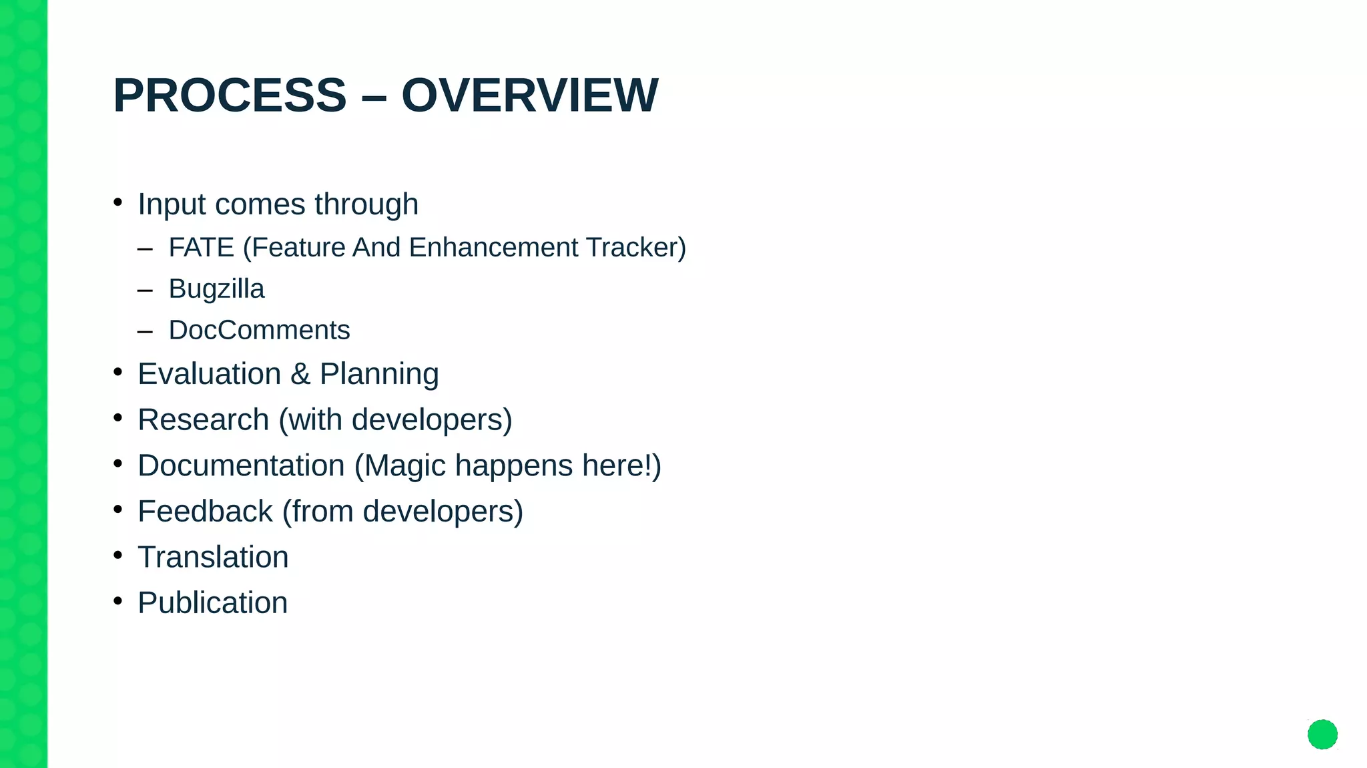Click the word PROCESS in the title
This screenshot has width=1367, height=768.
[230, 95]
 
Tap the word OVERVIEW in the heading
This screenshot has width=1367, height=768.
[529, 95]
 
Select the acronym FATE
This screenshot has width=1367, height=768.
[201, 248]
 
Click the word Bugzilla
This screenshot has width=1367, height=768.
[216, 289]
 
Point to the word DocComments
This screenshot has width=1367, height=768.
[259, 331]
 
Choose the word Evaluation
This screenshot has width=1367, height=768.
[209, 374]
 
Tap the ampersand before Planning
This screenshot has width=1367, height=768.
[300, 374]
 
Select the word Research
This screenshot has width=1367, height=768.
[203, 420]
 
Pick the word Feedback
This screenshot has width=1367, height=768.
[205, 512]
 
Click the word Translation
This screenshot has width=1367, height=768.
[213, 557]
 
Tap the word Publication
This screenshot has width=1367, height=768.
[212, 603]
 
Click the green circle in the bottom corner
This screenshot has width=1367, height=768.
[1322, 735]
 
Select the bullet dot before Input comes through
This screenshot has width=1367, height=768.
[118, 202]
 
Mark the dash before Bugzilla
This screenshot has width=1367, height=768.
[145, 291]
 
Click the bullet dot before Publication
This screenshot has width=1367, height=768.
[118, 601]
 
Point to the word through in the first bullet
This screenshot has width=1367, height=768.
[366, 204]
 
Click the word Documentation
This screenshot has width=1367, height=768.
[241, 465]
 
